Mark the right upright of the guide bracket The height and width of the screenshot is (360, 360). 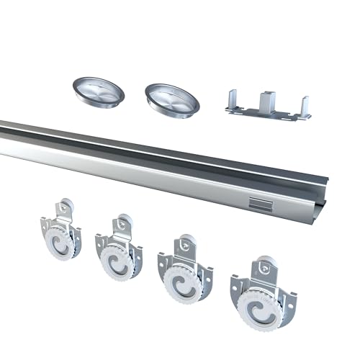pos(305,106)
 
